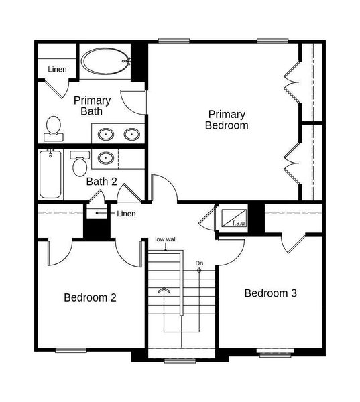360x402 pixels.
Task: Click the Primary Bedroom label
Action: (227, 119)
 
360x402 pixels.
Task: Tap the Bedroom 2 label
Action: (90, 297)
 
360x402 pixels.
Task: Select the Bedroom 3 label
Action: (270, 293)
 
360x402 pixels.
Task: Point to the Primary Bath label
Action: (92, 106)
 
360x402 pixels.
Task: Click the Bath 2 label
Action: (102, 181)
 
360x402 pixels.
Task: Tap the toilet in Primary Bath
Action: (54, 127)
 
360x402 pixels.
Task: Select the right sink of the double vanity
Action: (132, 134)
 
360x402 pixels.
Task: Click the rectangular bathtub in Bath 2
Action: (50, 175)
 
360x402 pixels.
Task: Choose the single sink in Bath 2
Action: (106, 159)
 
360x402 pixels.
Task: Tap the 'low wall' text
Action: (166, 239)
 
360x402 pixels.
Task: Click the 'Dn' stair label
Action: (199, 263)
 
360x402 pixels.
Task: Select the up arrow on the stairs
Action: (164, 290)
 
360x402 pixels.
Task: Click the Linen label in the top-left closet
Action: (57, 69)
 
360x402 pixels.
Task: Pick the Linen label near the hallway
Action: (126, 214)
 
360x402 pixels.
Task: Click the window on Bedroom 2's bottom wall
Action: (70, 350)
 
